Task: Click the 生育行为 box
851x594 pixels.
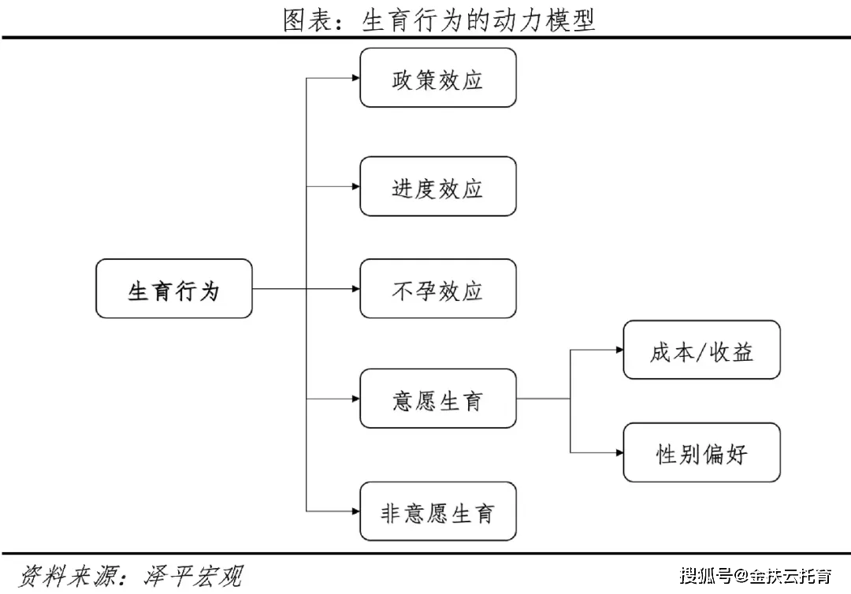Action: [x=173, y=288]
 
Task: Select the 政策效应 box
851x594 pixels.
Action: [x=438, y=77]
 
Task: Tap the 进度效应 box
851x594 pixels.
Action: [x=438, y=186]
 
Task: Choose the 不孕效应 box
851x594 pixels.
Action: [x=438, y=288]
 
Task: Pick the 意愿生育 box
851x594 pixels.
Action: [x=438, y=399]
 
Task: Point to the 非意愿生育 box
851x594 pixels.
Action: [x=438, y=511]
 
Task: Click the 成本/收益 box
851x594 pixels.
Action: [x=702, y=350]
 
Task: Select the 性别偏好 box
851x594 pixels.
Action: [x=702, y=452]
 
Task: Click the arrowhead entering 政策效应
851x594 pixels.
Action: [x=356, y=77]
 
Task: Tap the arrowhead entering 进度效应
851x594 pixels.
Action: [x=356, y=187]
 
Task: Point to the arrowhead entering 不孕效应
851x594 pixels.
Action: [x=356, y=288]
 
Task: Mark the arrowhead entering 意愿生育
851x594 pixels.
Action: [x=356, y=399]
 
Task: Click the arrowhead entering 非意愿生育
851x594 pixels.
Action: [x=356, y=511]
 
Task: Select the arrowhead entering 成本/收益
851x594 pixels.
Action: [x=619, y=350]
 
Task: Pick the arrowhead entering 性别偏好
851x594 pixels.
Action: [x=619, y=452]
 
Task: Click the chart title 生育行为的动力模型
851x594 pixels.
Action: [x=478, y=20]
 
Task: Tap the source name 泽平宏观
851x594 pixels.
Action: [x=193, y=576]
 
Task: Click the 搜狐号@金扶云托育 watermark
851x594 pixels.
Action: [x=756, y=576]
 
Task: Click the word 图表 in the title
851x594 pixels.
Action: [x=308, y=20]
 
